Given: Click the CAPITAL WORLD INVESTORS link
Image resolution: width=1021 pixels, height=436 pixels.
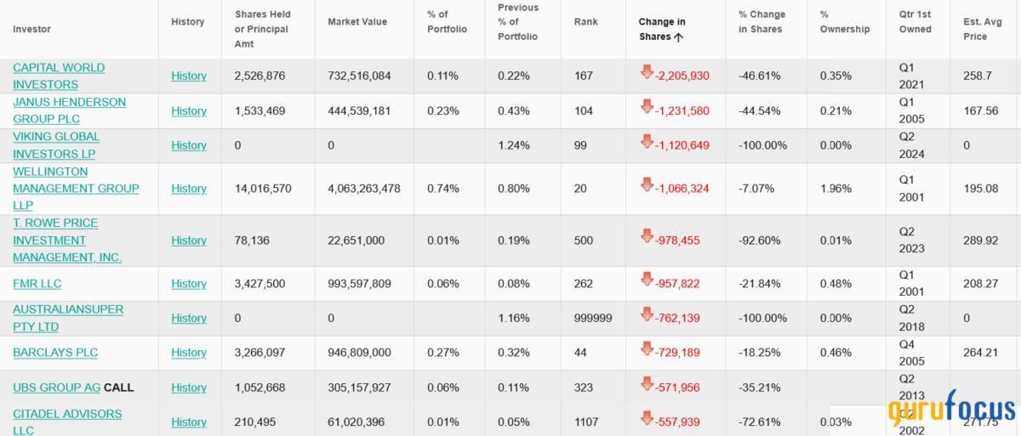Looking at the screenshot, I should coord(58,76).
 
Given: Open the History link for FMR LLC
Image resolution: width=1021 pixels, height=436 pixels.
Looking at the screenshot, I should coord(189,284).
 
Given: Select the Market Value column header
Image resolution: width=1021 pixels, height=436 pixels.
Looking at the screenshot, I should coord(357,21).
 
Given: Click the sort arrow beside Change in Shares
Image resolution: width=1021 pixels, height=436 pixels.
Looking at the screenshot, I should coord(678,37).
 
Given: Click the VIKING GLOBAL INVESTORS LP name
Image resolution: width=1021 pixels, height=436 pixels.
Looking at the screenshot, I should coord(56,145).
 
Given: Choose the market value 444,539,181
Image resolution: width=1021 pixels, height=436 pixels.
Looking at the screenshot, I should coord(359,110).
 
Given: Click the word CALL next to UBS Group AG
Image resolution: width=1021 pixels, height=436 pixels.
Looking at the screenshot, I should coord(119,388).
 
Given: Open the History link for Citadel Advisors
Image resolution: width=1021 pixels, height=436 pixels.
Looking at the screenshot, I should coord(189,422).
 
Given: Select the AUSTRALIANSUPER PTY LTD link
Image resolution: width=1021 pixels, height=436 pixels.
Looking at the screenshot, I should coord(68,318).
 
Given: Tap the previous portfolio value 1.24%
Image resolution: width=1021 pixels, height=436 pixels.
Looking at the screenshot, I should coord(513,145).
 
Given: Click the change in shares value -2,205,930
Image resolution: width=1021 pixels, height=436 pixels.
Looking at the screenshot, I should coord(682,76).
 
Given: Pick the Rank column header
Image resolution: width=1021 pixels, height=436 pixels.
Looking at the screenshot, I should coord(586,21).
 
